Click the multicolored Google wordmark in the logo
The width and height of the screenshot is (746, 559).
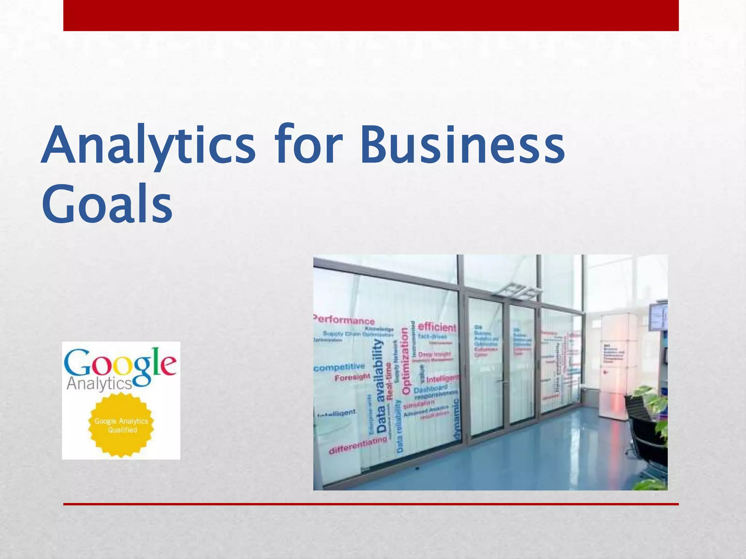tap(120, 364)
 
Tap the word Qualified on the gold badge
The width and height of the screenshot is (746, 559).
tap(122, 430)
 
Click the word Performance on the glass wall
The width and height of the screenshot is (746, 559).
tap(344, 320)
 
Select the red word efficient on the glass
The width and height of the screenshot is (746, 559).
tap(437, 327)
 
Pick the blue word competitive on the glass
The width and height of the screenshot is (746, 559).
tap(339, 367)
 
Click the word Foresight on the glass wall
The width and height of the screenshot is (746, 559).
tap(352, 377)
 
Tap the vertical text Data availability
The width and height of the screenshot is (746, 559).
tap(380, 386)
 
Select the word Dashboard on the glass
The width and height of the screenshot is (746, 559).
tap(430, 389)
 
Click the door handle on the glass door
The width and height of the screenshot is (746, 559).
tap(504, 382)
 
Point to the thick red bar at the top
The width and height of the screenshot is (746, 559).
tap(371, 15)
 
